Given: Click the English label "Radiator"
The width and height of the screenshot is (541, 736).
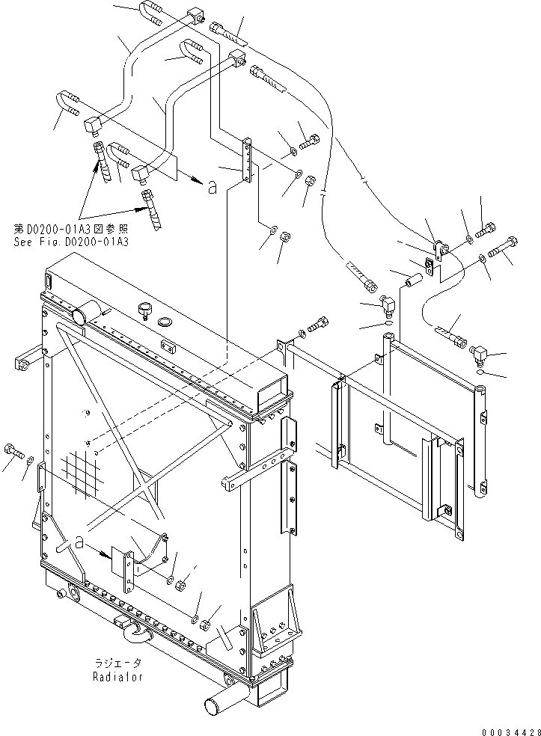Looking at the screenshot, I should (x=118, y=677).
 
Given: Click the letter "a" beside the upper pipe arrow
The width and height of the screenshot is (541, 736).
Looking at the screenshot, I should (x=212, y=188).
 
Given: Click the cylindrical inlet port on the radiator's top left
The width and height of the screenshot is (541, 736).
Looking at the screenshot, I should (x=84, y=312).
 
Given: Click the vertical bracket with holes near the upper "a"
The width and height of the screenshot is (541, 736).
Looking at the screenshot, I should (x=245, y=160).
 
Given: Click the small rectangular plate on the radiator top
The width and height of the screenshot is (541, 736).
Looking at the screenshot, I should (x=168, y=346).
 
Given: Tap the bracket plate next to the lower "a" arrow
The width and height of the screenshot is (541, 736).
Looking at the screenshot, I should (x=123, y=563).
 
